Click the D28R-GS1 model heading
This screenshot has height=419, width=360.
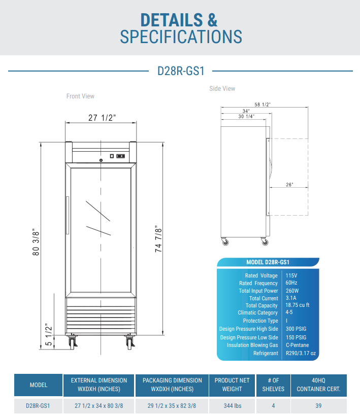point(181,71)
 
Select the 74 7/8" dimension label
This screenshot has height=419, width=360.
point(159,239)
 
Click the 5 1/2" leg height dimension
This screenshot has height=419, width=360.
point(49,335)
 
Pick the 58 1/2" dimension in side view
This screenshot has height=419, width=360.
point(263,104)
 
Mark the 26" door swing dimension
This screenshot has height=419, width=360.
point(289,185)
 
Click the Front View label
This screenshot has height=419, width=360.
point(80,96)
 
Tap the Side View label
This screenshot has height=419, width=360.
point(222,89)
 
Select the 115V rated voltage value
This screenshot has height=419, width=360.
point(292,275)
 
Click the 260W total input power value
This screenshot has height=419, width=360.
point(293,291)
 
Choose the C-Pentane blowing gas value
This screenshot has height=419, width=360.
point(297,345)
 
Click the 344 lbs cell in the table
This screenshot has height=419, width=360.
point(232,406)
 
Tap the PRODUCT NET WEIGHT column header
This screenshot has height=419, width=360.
point(232,385)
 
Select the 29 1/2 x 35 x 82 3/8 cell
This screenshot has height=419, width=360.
point(172,406)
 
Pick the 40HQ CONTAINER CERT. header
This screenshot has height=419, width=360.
point(318,385)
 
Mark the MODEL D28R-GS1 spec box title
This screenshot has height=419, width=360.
point(268,262)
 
